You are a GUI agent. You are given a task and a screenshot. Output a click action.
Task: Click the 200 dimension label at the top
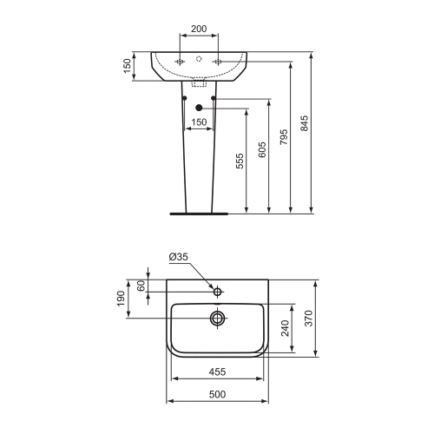click(x=199, y=29)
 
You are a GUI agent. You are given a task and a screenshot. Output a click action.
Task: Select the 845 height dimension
click(x=303, y=126)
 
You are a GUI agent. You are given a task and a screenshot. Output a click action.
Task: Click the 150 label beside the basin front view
click(x=127, y=67)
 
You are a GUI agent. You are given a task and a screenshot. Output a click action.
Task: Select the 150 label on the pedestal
click(x=199, y=122)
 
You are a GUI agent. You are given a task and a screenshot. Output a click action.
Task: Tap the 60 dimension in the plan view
click(x=140, y=286)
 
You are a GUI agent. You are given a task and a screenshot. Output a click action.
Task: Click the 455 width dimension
click(x=216, y=372)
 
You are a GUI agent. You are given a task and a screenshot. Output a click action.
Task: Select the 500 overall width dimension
click(x=216, y=395)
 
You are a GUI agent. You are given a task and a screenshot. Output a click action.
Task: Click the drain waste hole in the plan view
click(x=216, y=319)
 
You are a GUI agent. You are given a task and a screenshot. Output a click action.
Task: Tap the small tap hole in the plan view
click(x=217, y=291)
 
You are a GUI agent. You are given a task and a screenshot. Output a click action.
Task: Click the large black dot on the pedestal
click(x=199, y=108)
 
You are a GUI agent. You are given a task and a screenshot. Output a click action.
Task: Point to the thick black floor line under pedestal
click(x=199, y=212)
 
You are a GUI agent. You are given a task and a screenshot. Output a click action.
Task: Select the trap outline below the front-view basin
click(x=199, y=85)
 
